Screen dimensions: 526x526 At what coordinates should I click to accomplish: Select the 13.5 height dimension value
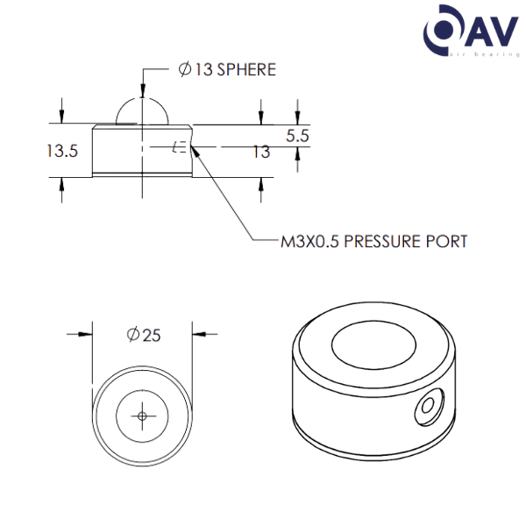62,151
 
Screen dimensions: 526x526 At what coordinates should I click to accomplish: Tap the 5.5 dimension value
298,136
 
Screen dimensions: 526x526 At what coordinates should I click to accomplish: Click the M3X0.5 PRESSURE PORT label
373,241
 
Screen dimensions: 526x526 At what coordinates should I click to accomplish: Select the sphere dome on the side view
142,112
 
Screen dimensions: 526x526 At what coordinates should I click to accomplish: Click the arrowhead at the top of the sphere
142,89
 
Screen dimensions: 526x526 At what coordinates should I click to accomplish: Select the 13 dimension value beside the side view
260,153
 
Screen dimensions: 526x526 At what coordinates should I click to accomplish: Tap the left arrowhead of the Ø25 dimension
87,334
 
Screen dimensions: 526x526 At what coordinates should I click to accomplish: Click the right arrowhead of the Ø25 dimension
198,334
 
